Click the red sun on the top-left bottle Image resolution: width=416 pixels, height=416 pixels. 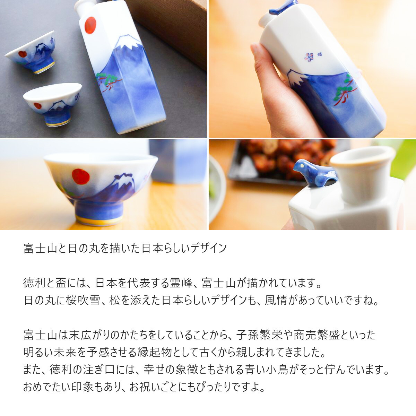(90, 25)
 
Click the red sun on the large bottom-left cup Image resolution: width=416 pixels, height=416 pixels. (80, 176)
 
